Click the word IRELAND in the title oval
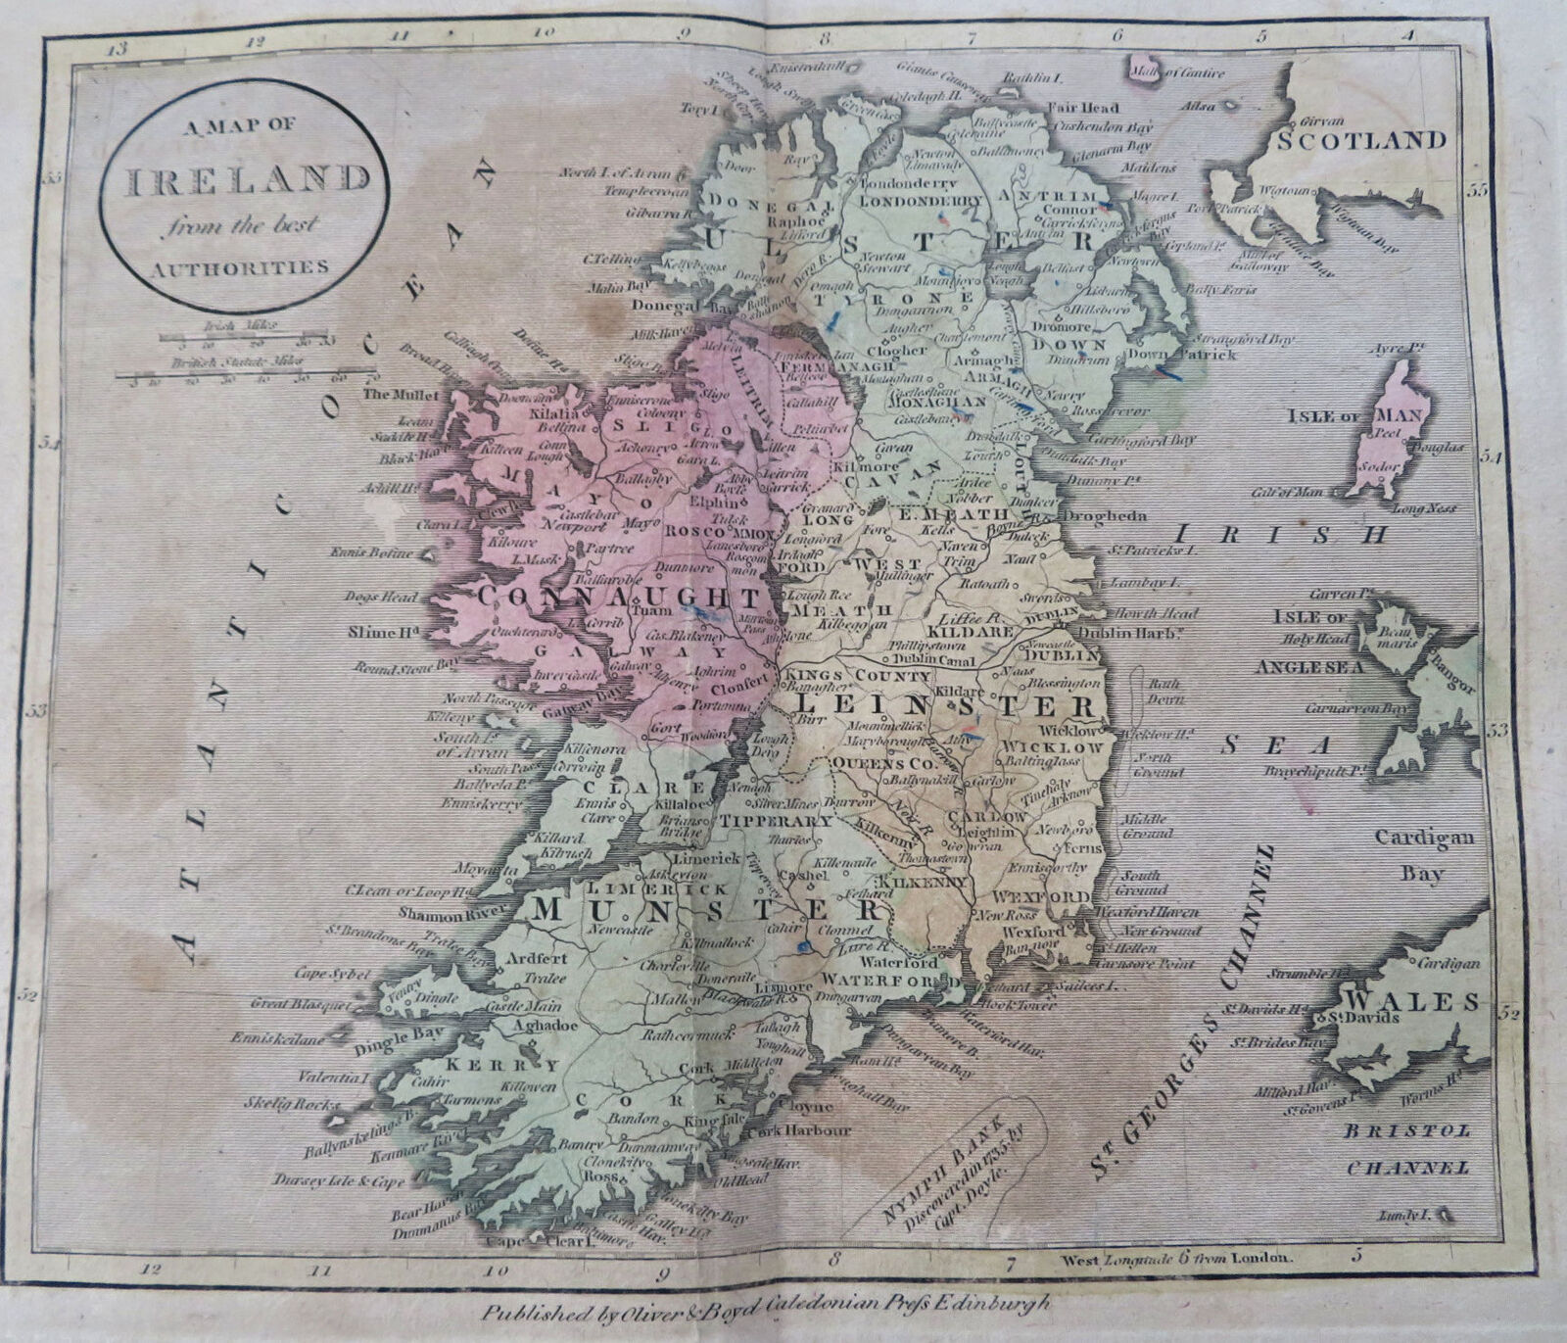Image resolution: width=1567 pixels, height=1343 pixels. click(x=247, y=179)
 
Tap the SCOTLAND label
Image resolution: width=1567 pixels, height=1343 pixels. click(x=1361, y=139)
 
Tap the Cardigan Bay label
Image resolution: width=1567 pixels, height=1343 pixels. click(x=1423, y=855)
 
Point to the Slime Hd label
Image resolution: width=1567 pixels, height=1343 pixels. click(x=383, y=633)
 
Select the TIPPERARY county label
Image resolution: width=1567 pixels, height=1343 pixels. click(x=777, y=821)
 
